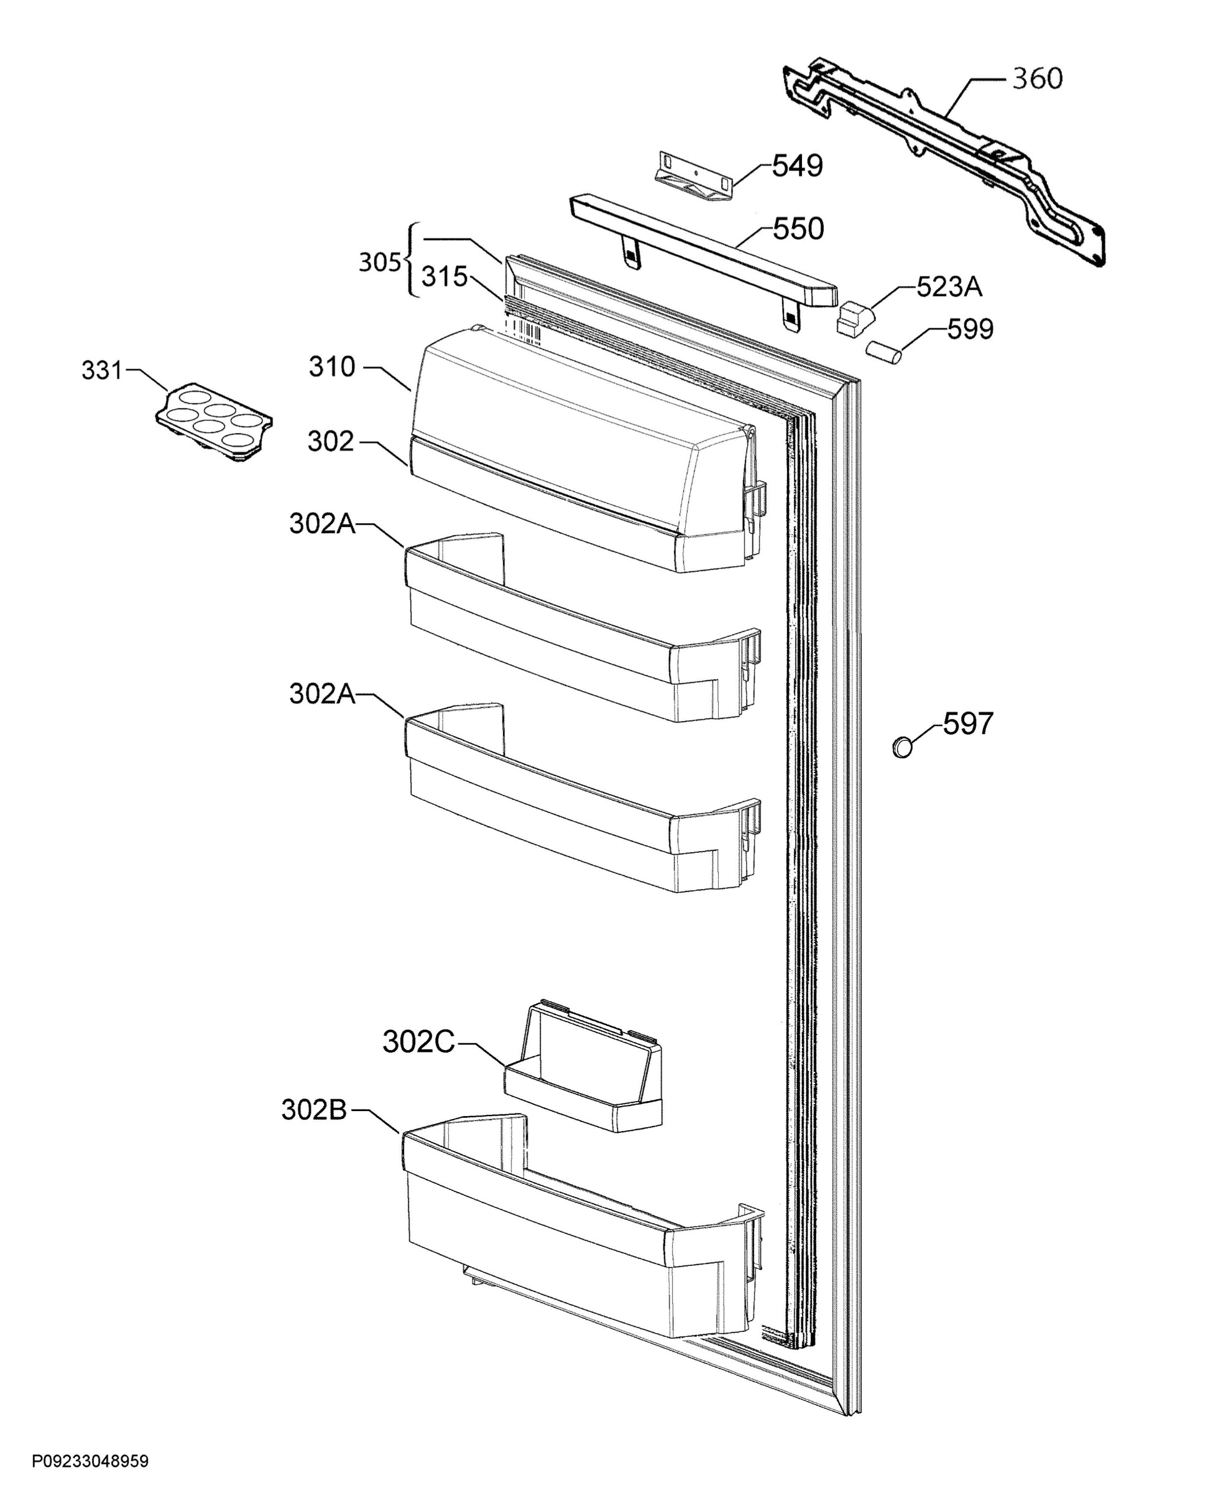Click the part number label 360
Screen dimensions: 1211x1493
click(x=1038, y=79)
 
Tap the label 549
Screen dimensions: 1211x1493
click(x=798, y=166)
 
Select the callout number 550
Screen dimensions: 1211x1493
click(x=799, y=229)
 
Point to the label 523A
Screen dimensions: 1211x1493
click(x=949, y=287)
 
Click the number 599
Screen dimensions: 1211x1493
click(x=970, y=330)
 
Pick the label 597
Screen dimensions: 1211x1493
click(x=967, y=725)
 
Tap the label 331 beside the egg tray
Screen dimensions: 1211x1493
click(x=103, y=371)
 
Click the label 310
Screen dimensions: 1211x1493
click(x=332, y=367)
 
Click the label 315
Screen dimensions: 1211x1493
click(x=444, y=277)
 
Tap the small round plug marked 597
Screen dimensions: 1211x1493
click(x=903, y=748)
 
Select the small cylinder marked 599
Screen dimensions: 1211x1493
click(x=883, y=351)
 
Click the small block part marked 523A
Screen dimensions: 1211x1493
click(x=855, y=318)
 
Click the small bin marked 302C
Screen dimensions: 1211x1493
click(x=583, y=1067)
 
